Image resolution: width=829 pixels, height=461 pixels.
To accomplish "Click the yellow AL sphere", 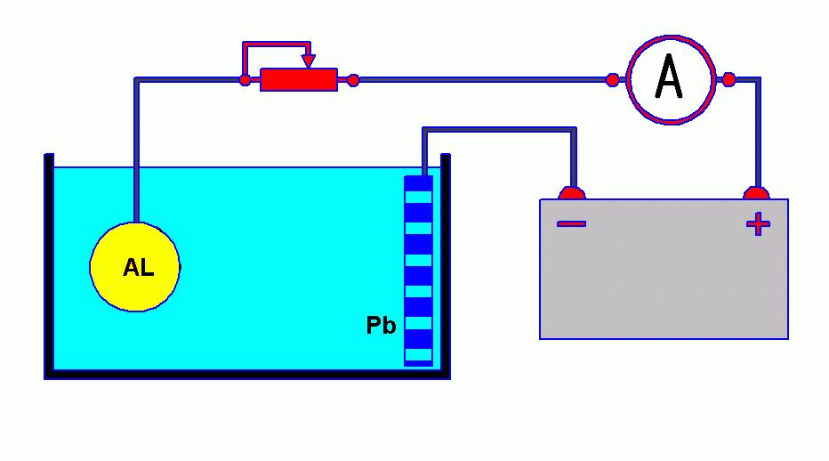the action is pyautogui.click(x=135, y=267).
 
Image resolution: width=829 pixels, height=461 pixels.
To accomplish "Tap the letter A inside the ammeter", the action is pyautogui.click(x=669, y=77).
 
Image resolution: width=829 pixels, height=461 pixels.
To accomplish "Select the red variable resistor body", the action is pyautogui.click(x=299, y=80).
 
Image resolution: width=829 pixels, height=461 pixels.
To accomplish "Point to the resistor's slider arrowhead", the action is pyautogui.click(x=309, y=61).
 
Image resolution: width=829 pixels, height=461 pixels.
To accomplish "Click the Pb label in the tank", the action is pyautogui.click(x=382, y=325).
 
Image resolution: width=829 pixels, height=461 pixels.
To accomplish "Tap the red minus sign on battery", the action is pyautogui.click(x=572, y=224).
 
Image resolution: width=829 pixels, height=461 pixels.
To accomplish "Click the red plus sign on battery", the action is pyautogui.click(x=758, y=224).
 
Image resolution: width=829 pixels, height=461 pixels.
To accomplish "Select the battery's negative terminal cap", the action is pyautogui.click(x=572, y=193).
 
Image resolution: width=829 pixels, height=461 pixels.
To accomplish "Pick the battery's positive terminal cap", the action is pyautogui.click(x=757, y=193).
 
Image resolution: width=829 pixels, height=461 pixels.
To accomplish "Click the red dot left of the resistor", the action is pyautogui.click(x=245, y=80).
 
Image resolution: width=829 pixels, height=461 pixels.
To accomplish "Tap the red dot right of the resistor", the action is pyautogui.click(x=353, y=80).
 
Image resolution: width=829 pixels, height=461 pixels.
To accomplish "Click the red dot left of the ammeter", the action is pyautogui.click(x=612, y=80).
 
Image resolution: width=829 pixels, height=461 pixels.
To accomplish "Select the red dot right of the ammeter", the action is pyautogui.click(x=728, y=80).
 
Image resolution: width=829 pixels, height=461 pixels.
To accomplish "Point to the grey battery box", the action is pyautogui.click(x=664, y=269).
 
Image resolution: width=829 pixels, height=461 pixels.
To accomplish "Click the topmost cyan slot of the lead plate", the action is pyautogui.click(x=418, y=198).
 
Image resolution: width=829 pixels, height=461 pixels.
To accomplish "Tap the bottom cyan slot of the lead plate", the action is pyautogui.click(x=418, y=354).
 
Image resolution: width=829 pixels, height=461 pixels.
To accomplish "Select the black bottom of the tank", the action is pyautogui.click(x=247, y=375).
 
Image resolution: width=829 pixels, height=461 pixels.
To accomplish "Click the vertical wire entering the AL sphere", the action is pyautogui.click(x=136, y=150).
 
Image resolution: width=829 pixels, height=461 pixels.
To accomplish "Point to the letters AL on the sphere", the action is pyautogui.click(x=139, y=267).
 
